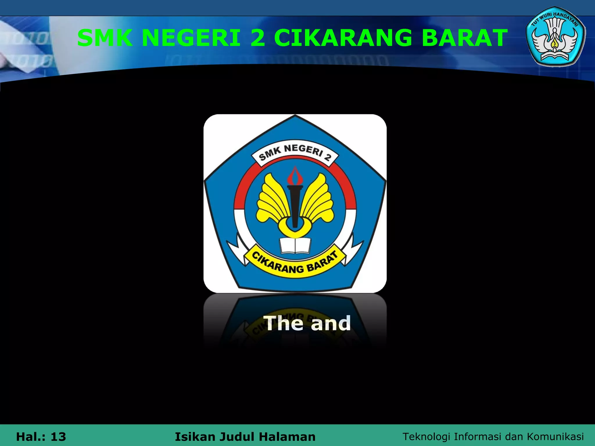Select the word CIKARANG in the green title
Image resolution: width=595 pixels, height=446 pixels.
[x=343, y=38]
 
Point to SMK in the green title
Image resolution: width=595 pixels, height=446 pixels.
[x=105, y=38]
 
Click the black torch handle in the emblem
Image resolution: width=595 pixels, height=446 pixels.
[x=295, y=206]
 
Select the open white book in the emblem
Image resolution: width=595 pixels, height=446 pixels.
[x=295, y=245]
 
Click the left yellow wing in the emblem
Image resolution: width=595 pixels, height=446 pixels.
[x=270, y=200]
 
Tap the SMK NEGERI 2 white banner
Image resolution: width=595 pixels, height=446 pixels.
[x=295, y=153]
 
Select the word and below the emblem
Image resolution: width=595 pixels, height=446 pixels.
[x=331, y=323]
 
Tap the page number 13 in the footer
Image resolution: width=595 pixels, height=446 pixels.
[x=58, y=437]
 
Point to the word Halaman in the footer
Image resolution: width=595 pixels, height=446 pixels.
[x=287, y=437]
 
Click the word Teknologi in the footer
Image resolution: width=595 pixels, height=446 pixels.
[x=426, y=437]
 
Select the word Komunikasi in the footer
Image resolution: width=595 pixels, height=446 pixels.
[x=555, y=437]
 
